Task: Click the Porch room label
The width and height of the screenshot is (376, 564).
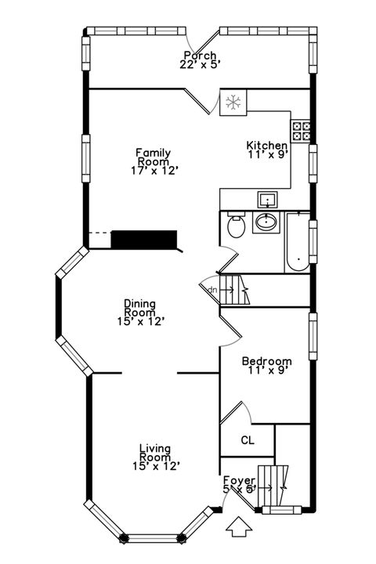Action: click(x=200, y=56)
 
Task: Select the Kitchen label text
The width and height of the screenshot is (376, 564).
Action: click(x=267, y=146)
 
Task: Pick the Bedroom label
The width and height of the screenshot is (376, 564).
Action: click(x=266, y=361)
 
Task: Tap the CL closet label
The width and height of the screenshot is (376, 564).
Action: click(x=247, y=439)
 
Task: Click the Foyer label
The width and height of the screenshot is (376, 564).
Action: click(x=238, y=480)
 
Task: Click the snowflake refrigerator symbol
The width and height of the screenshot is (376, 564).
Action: click(x=233, y=102)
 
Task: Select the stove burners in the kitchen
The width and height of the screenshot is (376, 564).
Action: click(x=302, y=129)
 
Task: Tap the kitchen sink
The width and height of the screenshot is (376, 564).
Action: click(x=267, y=200)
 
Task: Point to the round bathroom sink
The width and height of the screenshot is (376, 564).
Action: click(x=266, y=224)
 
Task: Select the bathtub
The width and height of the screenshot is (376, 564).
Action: click(x=298, y=241)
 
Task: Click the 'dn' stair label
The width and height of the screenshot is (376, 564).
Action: click(x=211, y=289)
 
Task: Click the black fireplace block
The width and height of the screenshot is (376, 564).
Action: click(x=146, y=240)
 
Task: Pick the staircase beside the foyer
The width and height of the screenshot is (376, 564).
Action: click(x=275, y=486)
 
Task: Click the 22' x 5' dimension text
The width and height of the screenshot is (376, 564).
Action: click(x=200, y=65)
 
